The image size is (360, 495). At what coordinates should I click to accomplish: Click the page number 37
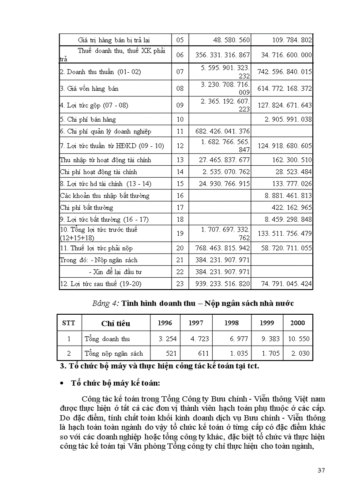click(321, 470)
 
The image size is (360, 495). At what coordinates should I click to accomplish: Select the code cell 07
click(180, 71)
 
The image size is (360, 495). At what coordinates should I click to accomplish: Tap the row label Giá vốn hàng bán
click(89, 89)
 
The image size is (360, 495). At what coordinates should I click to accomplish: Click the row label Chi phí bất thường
click(86, 208)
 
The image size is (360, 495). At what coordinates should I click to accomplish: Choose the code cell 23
click(180, 284)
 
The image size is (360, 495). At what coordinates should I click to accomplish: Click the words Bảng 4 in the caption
click(105, 303)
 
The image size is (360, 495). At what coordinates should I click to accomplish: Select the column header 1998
click(232, 323)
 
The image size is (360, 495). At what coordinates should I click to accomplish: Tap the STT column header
click(69, 323)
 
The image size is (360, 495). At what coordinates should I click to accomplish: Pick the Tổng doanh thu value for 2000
click(298, 339)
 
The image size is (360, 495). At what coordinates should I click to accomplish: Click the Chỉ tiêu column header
click(116, 324)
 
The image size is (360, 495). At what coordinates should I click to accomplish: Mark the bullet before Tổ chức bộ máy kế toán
click(62, 383)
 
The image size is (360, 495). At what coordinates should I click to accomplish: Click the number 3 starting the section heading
click(62, 366)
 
